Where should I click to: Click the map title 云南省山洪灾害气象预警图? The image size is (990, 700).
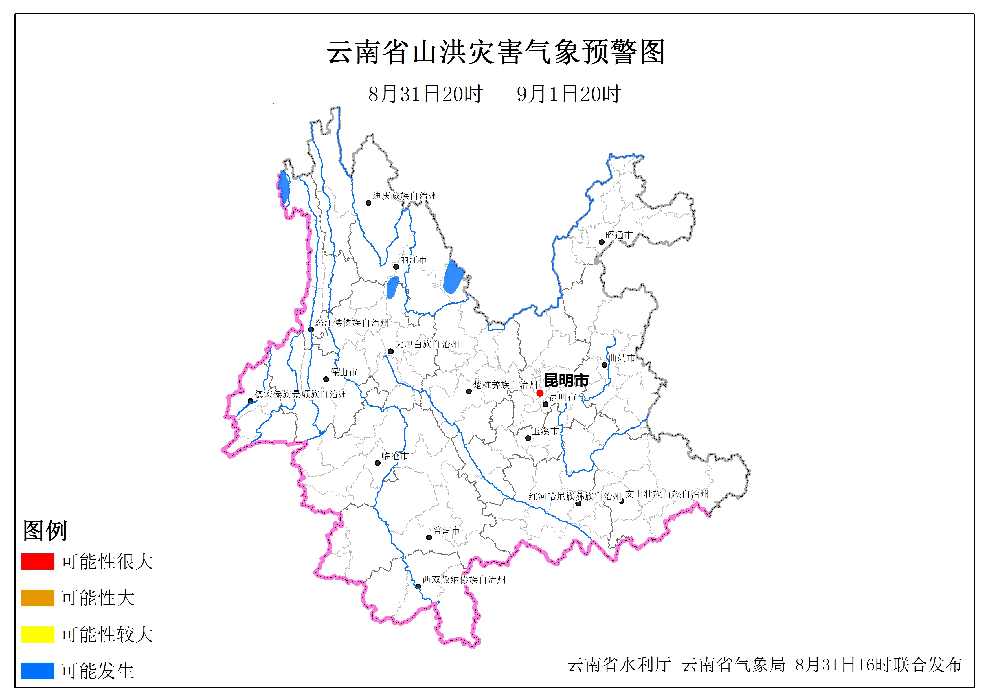point(496,52)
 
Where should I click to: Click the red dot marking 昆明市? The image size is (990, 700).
point(539,393)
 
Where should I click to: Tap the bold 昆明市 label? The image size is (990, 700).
point(566,380)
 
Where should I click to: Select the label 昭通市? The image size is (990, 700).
point(619,235)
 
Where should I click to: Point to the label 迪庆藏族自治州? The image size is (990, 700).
point(405,196)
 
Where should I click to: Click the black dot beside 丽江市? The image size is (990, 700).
point(396,267)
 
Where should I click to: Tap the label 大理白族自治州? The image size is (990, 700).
point(427,344)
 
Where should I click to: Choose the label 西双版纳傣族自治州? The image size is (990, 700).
point(464,580)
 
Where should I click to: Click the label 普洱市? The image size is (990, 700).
point(446,530)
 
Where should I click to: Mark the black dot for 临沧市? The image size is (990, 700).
point(378,463)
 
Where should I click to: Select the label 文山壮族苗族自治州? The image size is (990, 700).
point(667,494)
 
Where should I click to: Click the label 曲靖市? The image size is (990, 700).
point(622,357)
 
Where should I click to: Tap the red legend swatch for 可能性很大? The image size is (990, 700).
point(38,561)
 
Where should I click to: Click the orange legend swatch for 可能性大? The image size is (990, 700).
point(38,598)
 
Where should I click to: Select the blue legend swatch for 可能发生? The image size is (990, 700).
point(38,671)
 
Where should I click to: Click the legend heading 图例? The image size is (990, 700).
point(45,530)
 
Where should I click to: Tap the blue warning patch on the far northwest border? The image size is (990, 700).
point(284,188)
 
